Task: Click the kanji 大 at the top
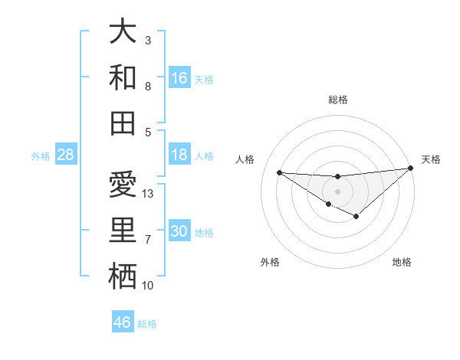point(123,32)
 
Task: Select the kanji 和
point(123,77)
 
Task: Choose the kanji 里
point(123,231)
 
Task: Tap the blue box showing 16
point(179,78)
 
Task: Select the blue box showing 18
point(179,155)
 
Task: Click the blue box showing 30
point(179,232)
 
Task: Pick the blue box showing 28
point(66,155)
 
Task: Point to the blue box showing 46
point(123,322)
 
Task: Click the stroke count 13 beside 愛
point(148,194)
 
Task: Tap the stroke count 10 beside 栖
point(148,286)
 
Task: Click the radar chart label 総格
point(337,100)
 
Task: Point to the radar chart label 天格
point(431,159)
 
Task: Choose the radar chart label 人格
point(245,159)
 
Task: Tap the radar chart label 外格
point(270,262)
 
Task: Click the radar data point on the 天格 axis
point(411,169)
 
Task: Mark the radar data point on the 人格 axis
point(279,172)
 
